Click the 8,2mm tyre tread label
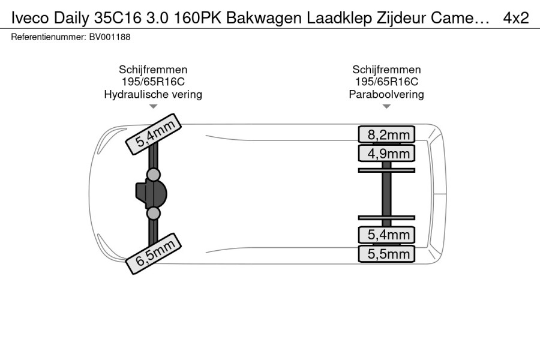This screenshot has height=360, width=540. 386,134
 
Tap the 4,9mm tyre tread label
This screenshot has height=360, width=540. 386,154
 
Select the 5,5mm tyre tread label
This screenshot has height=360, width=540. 386,254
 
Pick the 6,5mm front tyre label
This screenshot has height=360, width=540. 153,254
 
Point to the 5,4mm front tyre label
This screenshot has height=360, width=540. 153,134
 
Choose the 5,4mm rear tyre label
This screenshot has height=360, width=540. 386,235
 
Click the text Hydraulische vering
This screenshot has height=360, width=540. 153,94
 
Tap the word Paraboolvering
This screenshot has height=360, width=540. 386,94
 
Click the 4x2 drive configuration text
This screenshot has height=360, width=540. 516,18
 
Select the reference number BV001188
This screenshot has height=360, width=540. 110,37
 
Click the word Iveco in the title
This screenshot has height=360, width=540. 30,18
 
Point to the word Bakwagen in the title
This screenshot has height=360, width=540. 265,18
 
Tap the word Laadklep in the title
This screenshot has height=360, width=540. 339,18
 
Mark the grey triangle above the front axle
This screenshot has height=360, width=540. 153,106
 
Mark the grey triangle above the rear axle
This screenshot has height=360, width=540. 386,106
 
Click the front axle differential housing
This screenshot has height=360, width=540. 152,194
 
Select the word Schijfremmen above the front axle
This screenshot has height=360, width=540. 153,70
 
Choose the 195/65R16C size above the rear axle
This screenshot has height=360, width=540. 386,82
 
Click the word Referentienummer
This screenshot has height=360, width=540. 48,37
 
